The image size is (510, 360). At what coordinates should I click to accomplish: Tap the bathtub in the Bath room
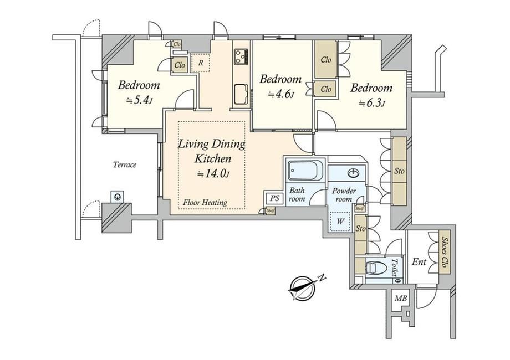[305, 170]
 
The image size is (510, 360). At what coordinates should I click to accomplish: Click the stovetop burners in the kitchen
[241, 56]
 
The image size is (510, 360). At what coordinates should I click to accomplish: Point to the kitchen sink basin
[241, 95]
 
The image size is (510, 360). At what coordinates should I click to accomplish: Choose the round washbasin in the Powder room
[354, 173]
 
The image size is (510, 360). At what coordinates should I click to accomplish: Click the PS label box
[274, 198]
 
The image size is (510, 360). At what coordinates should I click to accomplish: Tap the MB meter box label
[401, 298]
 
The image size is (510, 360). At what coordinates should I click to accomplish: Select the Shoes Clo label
[444, 253]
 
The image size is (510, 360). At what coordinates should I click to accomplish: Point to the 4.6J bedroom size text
[281, 95]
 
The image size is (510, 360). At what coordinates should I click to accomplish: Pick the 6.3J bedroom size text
[372, 104]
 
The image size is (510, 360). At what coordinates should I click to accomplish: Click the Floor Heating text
[205, 203]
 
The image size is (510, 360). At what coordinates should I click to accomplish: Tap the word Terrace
[125, 164]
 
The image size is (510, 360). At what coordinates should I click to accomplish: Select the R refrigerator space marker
[201, 63]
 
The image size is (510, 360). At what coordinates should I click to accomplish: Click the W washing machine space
[340, 222]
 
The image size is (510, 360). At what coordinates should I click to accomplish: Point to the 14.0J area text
[213, 174]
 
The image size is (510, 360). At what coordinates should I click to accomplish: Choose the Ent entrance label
[419, 261]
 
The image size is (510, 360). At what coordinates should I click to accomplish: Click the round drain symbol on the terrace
[118, 197]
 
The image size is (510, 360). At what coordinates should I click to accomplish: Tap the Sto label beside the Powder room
[361, 228]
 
